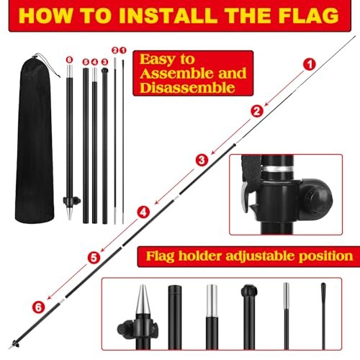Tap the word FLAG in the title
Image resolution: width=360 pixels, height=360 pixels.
click(x=309, y=16)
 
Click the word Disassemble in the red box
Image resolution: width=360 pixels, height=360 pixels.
click(x=187, y=88)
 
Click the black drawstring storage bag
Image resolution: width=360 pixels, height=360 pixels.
click(x=35, y=138)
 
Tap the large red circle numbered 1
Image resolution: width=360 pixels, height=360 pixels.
click(x=310, y=64)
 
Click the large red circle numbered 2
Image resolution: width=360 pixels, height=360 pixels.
click(x=257, y=112)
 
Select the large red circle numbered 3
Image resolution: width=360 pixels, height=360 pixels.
click(x=202, y=160)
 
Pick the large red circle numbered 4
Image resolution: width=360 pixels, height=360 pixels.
click(x=143, y=212)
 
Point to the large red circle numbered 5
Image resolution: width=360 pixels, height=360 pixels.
click(x=94, y=258)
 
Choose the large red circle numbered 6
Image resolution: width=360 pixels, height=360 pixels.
click(x=39, y=307)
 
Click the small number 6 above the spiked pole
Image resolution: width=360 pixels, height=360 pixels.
click(x=69, y=60)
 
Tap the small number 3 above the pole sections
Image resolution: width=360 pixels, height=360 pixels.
click(x=104, y=62)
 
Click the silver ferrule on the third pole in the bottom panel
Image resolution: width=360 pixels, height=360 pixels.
click(x=212, y=301)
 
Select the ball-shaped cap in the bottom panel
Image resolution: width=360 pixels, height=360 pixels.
click(x=249, y=291)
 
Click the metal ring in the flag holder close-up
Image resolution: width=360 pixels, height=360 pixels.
click(x=277, y=168)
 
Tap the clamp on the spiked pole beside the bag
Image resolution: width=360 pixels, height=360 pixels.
click(x=72, y=200)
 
